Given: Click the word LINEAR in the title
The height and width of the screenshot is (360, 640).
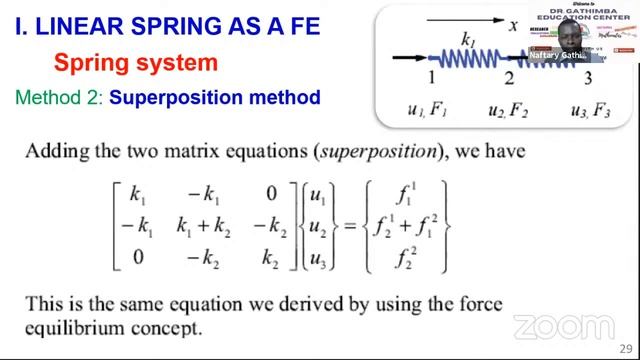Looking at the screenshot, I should point(82,26).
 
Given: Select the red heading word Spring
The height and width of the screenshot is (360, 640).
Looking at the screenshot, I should point(87,63).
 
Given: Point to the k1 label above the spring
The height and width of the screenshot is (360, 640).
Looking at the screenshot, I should point(468,38).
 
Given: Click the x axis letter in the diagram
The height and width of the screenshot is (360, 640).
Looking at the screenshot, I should point(513,26).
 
